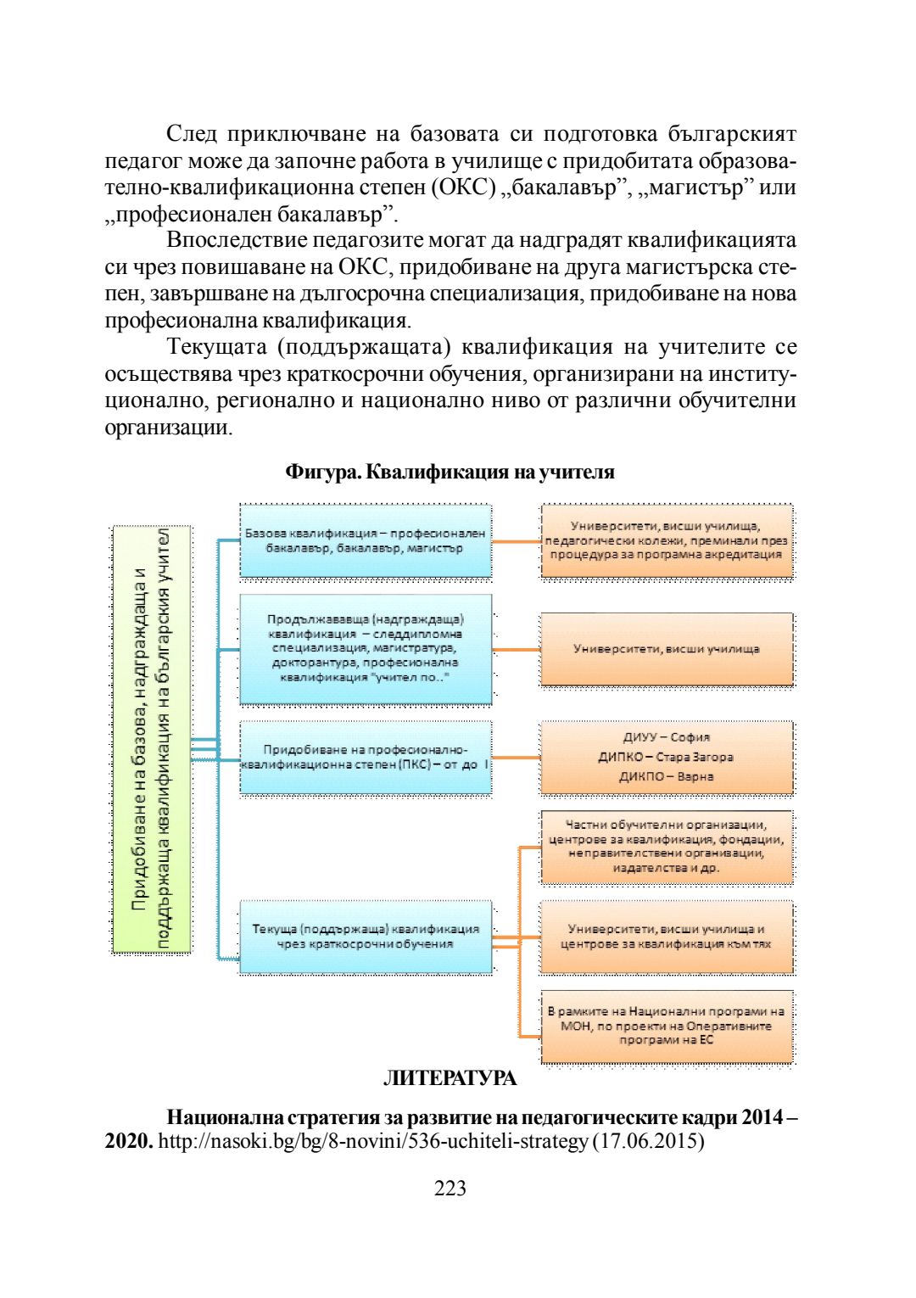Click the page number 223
(450, 1189)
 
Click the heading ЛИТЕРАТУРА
(450, 1078)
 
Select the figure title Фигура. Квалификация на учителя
(450, 472)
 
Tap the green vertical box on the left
(152, 739)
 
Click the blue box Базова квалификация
(366, 541)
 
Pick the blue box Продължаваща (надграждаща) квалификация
(366, 649)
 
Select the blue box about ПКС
(366, 758)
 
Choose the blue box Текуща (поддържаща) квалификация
(366, 936)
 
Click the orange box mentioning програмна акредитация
(667, 541)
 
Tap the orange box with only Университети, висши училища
(667, 649)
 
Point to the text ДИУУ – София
(667, 737)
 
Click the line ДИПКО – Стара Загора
(667, 757)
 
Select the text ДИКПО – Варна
(667, 776)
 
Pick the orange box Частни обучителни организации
(667, 846)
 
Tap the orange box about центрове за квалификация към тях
(667, 936)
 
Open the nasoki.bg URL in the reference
(373, 1142)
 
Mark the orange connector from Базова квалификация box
(516, 541)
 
